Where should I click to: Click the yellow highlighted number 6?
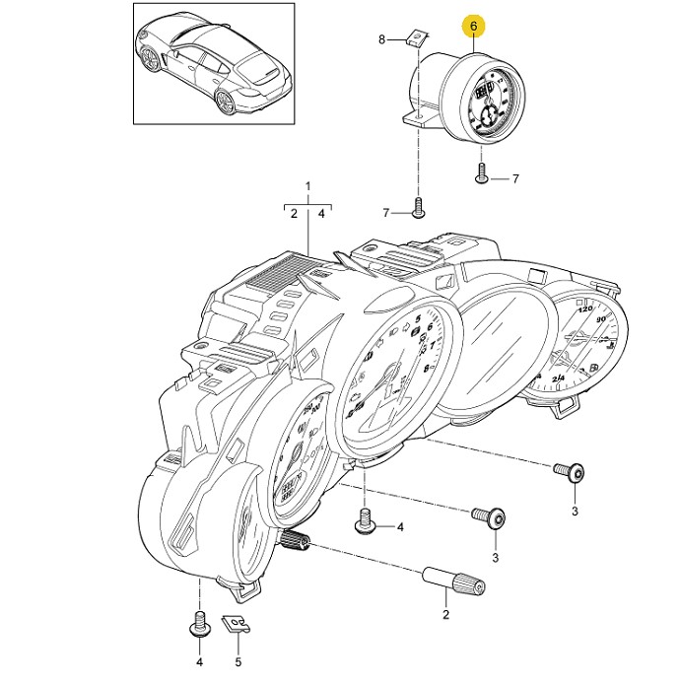pos(474,24)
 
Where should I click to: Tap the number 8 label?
pos(382,39)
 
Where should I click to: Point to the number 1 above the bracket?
pos(307,186)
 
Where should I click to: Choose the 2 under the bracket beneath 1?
pos(294,212)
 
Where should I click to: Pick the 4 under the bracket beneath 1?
pos(322,212)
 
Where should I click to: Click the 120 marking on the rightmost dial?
pos(585,310)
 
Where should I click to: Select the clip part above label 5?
pos(235,623)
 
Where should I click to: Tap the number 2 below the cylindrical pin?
pos(444,615)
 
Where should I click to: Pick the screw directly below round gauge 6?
pos(482,175)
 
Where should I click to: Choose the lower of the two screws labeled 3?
pos(492,517)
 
